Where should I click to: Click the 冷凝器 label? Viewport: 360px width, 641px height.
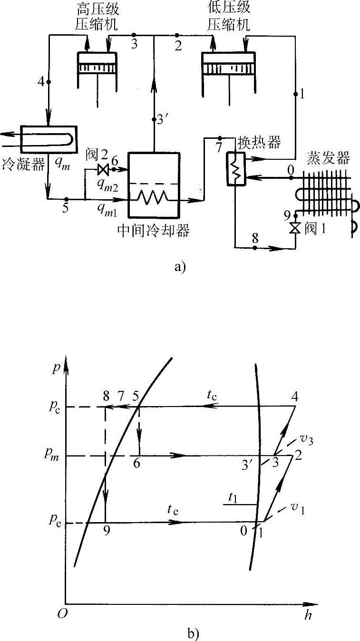click(23, 165)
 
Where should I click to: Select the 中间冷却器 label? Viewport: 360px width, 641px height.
click(153, 231)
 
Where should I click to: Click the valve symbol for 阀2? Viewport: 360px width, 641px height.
click(101, 168)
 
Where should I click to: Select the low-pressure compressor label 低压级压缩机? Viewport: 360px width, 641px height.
click(228, 17)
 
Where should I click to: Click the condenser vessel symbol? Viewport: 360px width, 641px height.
click(49, 136)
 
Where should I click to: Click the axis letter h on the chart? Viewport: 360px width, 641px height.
click(308, 615)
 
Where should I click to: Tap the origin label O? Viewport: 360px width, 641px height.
click(61, 614)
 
